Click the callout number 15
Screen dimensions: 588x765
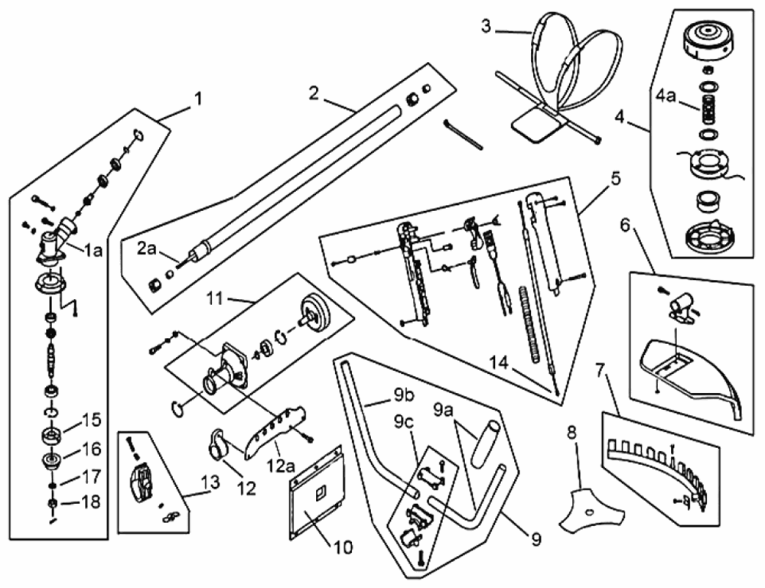[91, 420]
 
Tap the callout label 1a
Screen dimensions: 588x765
[93, 250]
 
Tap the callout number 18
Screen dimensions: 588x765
[91, 502]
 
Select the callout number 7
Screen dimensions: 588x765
[602, 371]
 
